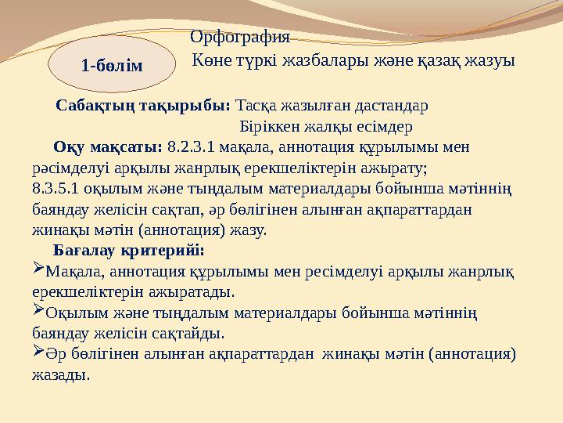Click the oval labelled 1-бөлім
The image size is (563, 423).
point(112,63)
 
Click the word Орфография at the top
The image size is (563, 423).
point(240,37)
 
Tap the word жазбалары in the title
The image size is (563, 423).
point(325,60)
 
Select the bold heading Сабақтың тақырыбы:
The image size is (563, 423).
point(143,106)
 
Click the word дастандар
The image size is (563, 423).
point(392,106)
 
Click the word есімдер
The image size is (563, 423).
point(385,127)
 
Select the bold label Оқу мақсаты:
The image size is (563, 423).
point(108,147)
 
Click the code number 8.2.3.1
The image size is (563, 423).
point(191,147)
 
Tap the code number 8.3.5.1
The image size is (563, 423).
point(56,189)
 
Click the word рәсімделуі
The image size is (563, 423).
point(70,168)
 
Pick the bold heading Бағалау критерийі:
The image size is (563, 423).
point(129,251)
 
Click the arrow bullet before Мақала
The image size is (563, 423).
point(38,267)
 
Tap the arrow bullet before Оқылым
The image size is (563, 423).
point(38,309)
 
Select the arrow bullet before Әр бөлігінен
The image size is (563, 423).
point(38,350)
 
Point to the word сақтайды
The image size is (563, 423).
point(188,334)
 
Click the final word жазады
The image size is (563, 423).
point(61,375)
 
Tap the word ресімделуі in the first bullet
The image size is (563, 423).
point(344,272)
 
